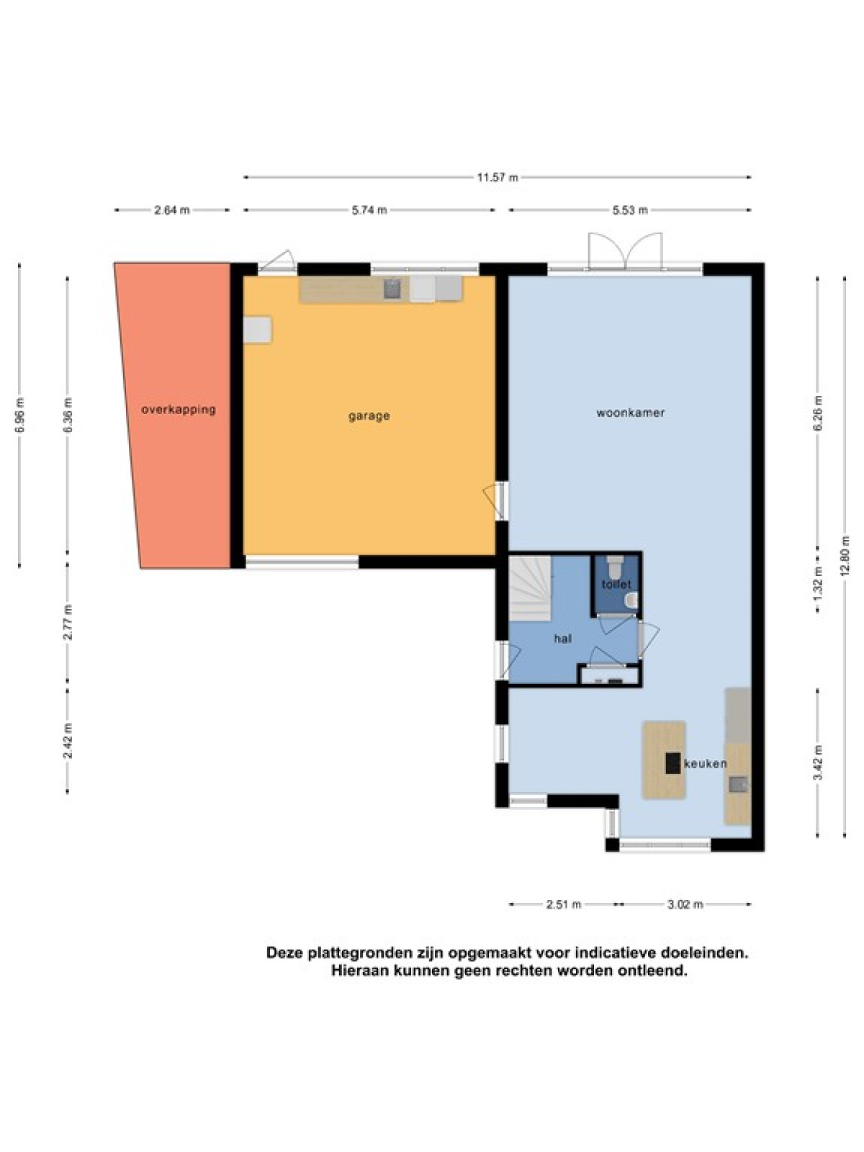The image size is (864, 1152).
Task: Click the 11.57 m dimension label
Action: tap(497, 177)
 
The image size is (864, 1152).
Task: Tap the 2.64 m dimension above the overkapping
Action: tap(172, 210)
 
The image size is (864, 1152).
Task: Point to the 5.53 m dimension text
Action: tap(629, 210)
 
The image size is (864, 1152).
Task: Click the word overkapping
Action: tap(179, 410)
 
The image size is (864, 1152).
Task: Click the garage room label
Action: tap(369, 416)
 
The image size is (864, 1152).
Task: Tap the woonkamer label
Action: tap(631, 413)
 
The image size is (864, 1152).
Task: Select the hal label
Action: tap(563, 639)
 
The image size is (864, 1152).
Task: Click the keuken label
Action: tap(705, 764)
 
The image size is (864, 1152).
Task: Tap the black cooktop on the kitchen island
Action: tap(673, 763)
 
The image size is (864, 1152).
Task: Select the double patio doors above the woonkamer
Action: tap(625, 251)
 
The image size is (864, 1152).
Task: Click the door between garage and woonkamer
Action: tap(496, 500)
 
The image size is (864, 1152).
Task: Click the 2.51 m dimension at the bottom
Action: tap(564, 904)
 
